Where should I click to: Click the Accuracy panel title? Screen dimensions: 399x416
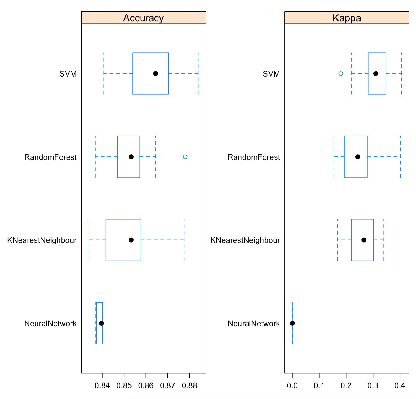143,18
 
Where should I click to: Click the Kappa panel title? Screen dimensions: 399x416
347,18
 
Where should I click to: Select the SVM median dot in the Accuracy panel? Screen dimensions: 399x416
156,73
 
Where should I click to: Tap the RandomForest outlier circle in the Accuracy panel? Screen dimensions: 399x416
185,157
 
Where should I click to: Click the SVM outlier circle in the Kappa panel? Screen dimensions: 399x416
341,73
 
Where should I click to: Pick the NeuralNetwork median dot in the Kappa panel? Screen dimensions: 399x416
292,323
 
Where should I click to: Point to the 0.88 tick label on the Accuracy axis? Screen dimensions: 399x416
189,386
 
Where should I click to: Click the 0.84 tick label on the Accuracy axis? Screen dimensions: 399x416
102,386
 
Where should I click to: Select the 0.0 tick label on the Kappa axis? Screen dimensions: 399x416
292,386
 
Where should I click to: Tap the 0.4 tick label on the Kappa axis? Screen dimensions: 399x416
400,386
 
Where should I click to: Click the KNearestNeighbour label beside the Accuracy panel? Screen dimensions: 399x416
42,240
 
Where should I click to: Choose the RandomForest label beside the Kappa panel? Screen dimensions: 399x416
254,157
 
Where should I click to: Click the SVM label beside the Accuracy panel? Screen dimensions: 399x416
68,74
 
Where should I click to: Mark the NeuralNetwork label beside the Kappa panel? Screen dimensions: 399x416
254,324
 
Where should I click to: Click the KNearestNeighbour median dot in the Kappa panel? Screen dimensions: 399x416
364,240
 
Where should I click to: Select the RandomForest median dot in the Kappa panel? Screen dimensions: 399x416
358,157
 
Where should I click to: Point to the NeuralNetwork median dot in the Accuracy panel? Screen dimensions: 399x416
101,323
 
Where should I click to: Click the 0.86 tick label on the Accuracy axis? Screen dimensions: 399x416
146,386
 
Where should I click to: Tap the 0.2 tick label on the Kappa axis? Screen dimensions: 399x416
346,386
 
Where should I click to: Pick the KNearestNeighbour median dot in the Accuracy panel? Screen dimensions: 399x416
131,240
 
